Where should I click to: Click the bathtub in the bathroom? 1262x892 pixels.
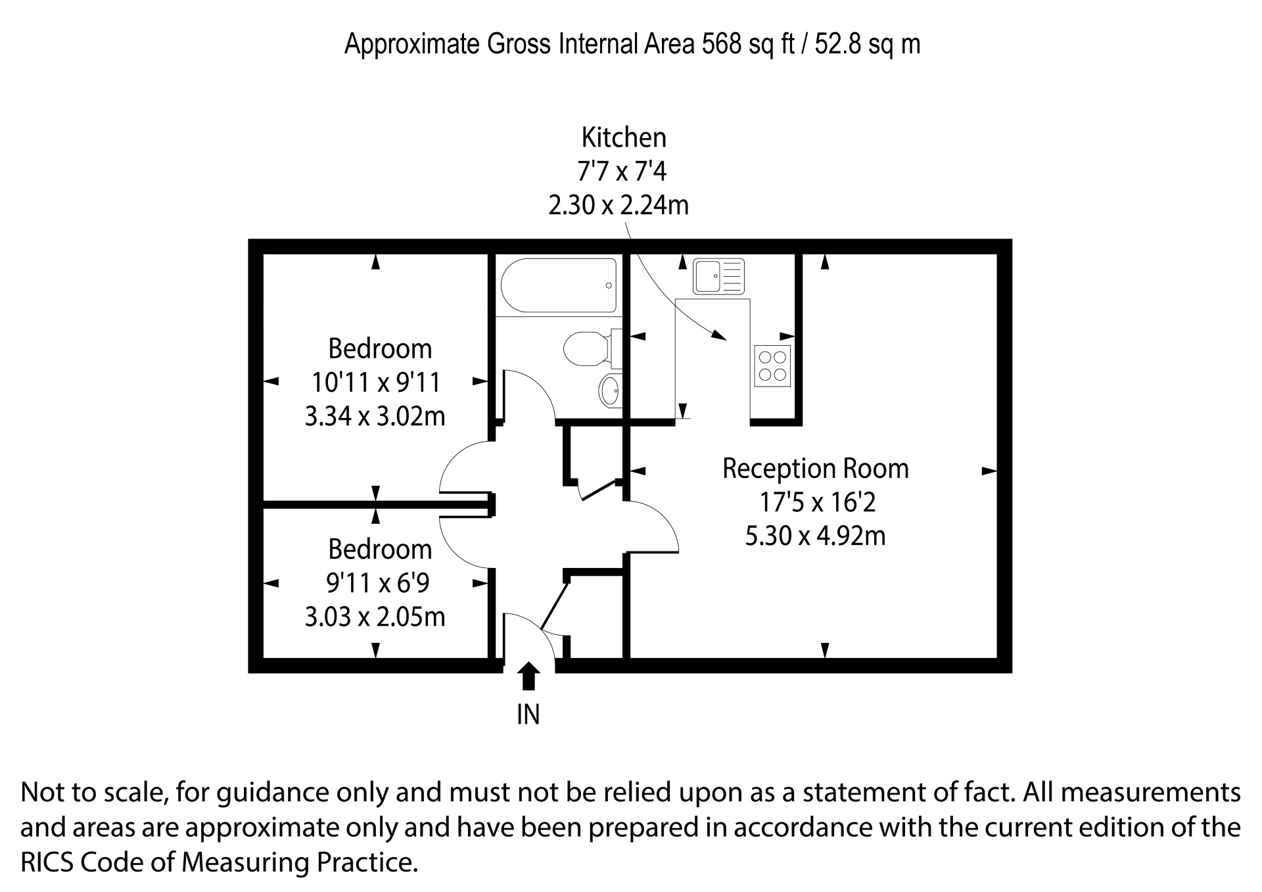559,285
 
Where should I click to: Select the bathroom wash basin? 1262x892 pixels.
611,390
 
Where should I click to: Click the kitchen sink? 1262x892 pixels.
718,276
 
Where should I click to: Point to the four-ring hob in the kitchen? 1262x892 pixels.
772,365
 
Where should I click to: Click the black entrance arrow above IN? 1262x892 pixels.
528,676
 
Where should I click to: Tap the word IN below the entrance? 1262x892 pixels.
528,715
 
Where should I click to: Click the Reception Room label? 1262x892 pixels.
816,469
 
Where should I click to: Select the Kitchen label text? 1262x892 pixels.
624,137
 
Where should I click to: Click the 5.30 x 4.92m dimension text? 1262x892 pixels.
815,536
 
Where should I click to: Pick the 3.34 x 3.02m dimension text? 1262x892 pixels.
375,416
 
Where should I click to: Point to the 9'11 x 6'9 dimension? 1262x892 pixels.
378,582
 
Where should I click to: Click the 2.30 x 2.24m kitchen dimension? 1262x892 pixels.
619,206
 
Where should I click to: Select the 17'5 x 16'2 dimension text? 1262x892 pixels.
818,502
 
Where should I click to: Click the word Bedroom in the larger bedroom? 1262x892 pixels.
380,348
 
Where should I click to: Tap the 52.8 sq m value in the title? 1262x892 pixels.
868,44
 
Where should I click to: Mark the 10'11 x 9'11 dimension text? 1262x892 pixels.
375,382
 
